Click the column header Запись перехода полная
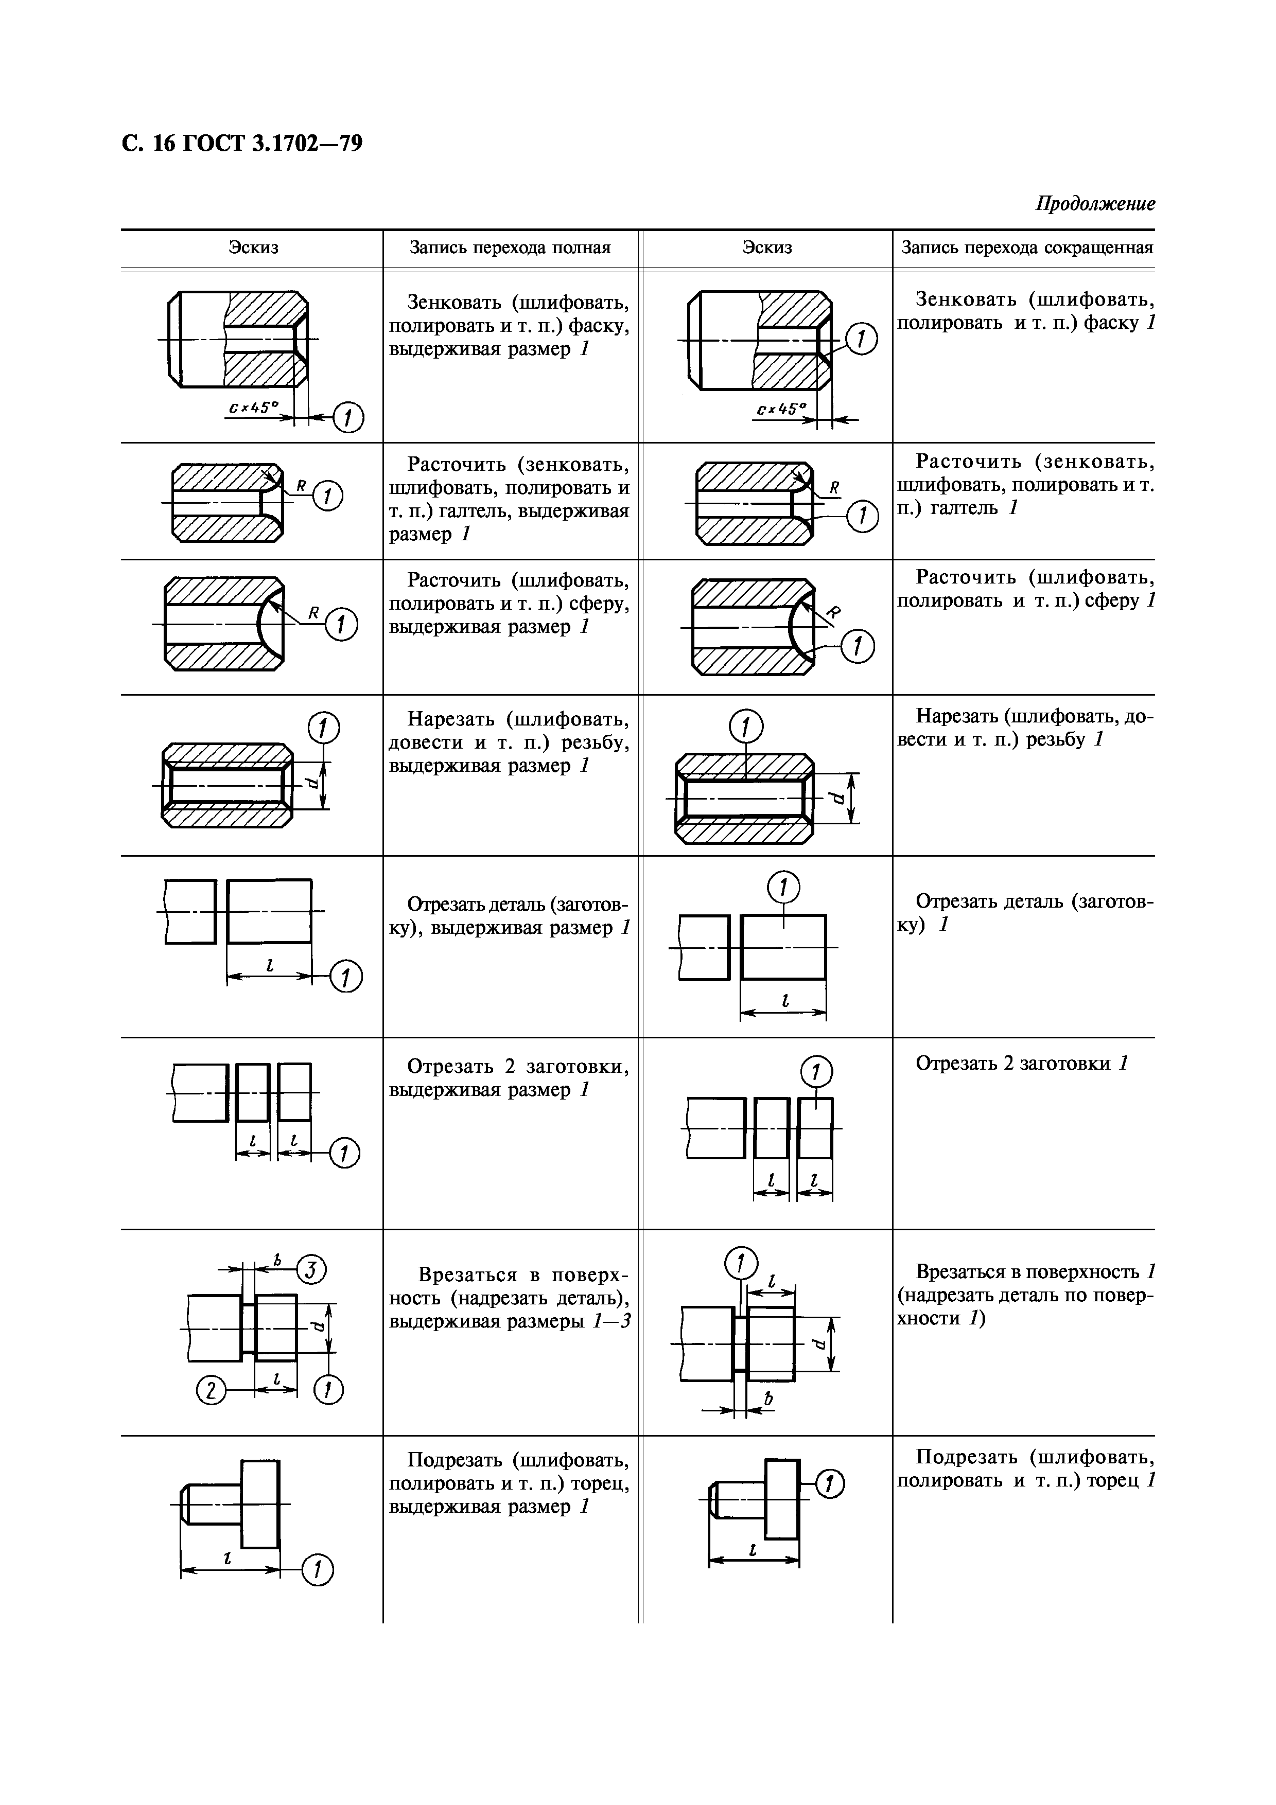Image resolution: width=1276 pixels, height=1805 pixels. [x=510, y=249]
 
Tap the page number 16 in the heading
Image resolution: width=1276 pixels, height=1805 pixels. [x=164, y=144]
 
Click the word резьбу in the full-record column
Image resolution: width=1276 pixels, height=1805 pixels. [x=604, y=742]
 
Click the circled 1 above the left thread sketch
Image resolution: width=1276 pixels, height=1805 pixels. [x=323, y=728]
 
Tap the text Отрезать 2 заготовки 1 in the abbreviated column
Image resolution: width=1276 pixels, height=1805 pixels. [x=1021, y=1064]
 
